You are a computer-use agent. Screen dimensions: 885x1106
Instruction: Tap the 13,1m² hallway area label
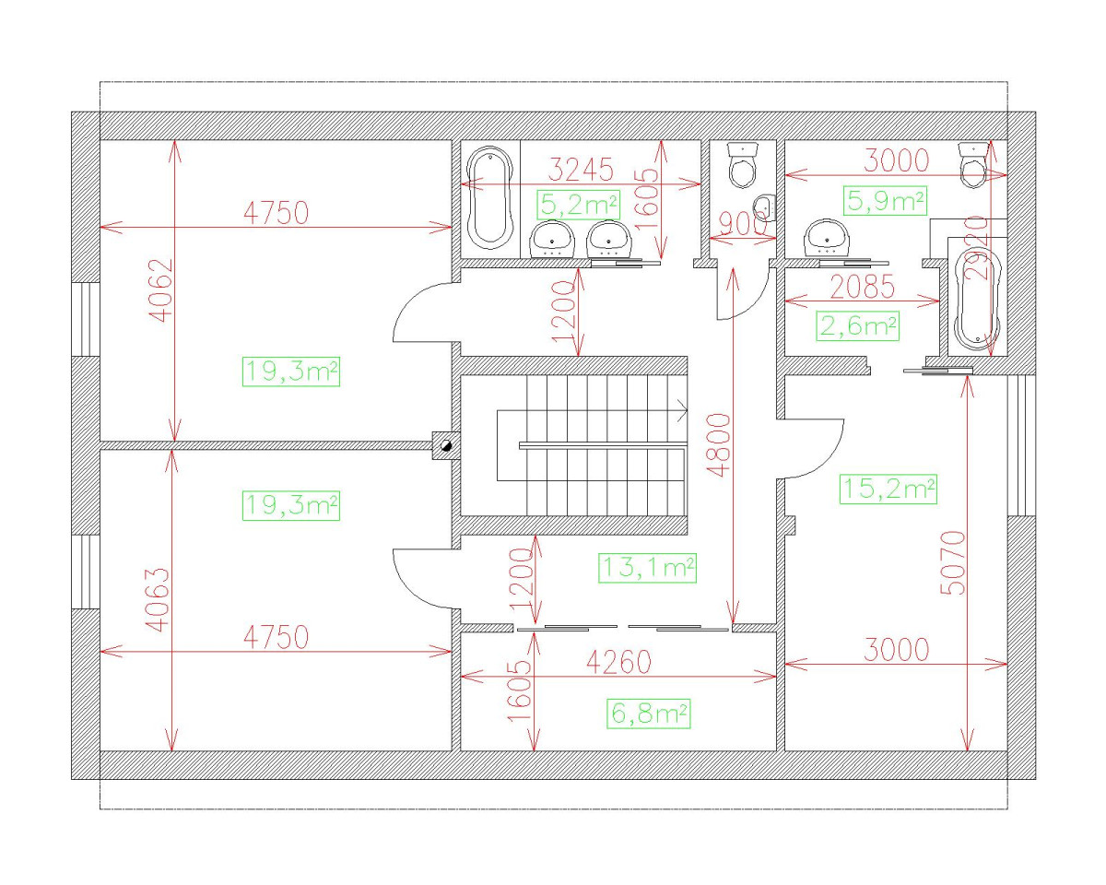(646, 568)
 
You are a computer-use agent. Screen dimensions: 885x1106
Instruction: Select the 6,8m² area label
(649, 713)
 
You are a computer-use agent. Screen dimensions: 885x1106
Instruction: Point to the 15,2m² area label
(888, 489)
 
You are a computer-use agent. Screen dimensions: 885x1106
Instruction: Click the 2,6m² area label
(857, 325)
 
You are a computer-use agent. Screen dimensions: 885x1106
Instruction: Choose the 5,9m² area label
(885, 200)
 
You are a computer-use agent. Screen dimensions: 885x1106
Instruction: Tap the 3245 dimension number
(581, 171)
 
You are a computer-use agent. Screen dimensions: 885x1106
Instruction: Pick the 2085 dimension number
(862, 287)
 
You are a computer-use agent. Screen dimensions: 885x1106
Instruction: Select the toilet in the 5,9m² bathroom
(971, 166)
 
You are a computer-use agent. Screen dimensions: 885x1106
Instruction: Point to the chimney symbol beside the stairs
(444, 445)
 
